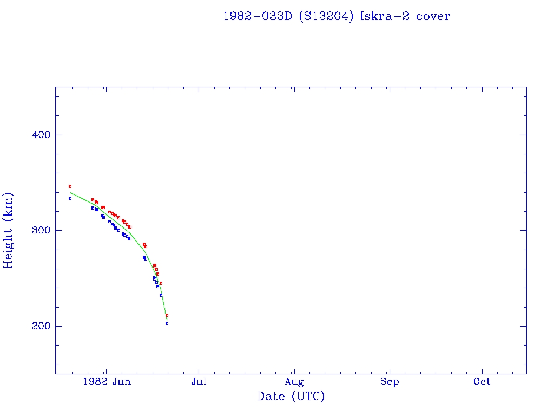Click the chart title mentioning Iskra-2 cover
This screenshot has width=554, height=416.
337,16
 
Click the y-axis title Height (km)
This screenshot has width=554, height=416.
9,230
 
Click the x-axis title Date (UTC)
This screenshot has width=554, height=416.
291,396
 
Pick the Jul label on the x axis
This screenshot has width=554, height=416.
199,381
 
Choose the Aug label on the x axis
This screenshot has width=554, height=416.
294,381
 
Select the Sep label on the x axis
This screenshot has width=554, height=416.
389,381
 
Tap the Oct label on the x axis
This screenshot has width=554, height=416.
482,381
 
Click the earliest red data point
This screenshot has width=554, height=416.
70,186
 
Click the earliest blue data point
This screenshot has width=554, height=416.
70,198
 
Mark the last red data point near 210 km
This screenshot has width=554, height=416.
167,315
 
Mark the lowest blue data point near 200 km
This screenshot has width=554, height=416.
167,323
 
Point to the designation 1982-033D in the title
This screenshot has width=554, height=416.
258,16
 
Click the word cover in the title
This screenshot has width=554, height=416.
433,16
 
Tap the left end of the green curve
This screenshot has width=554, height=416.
70,193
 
